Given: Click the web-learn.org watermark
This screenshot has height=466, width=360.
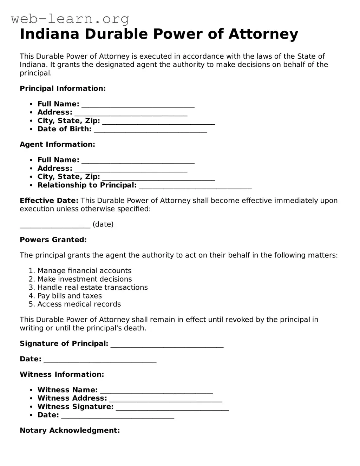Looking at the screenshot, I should click(70, 19).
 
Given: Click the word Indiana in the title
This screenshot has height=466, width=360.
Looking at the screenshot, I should click(50, 34).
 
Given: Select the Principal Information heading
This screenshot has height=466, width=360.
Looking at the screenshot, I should click(63, 88).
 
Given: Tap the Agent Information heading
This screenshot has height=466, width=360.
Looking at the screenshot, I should click(57, 144).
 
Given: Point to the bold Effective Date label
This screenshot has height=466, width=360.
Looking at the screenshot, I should click(49, 201).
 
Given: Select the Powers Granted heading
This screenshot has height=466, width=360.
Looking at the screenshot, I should click(53, 240).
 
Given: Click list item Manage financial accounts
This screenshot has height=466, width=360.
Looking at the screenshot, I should click(84, 271).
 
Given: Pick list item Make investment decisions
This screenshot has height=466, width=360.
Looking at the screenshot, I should click(85, 279).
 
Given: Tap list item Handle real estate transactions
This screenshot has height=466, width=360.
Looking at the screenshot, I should click(92, 288).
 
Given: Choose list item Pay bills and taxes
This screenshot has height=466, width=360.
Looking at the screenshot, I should click(70, 296).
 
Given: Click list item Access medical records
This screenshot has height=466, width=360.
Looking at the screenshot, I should click(79, 304).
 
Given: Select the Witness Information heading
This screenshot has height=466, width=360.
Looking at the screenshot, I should click(62, 374).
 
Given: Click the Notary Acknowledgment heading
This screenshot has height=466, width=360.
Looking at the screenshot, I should click(70, 431).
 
